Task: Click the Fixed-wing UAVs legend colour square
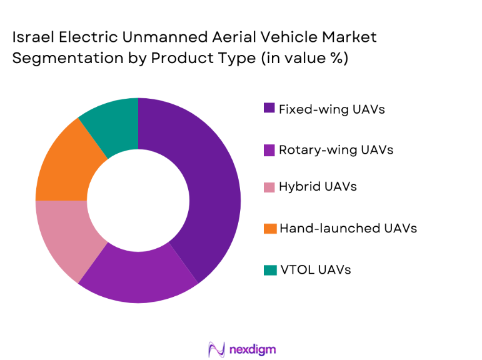(269, 109)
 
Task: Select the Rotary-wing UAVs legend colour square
(269, 149)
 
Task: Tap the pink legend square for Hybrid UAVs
(269, 187)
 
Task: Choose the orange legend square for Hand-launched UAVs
(269, 228)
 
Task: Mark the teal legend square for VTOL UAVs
(269, 270)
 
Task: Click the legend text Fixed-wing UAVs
(331, 109)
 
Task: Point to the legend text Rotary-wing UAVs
(336, 149)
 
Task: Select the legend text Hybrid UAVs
(318, 187)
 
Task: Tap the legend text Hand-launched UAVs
(348, 228)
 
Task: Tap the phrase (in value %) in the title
(300, 59)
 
